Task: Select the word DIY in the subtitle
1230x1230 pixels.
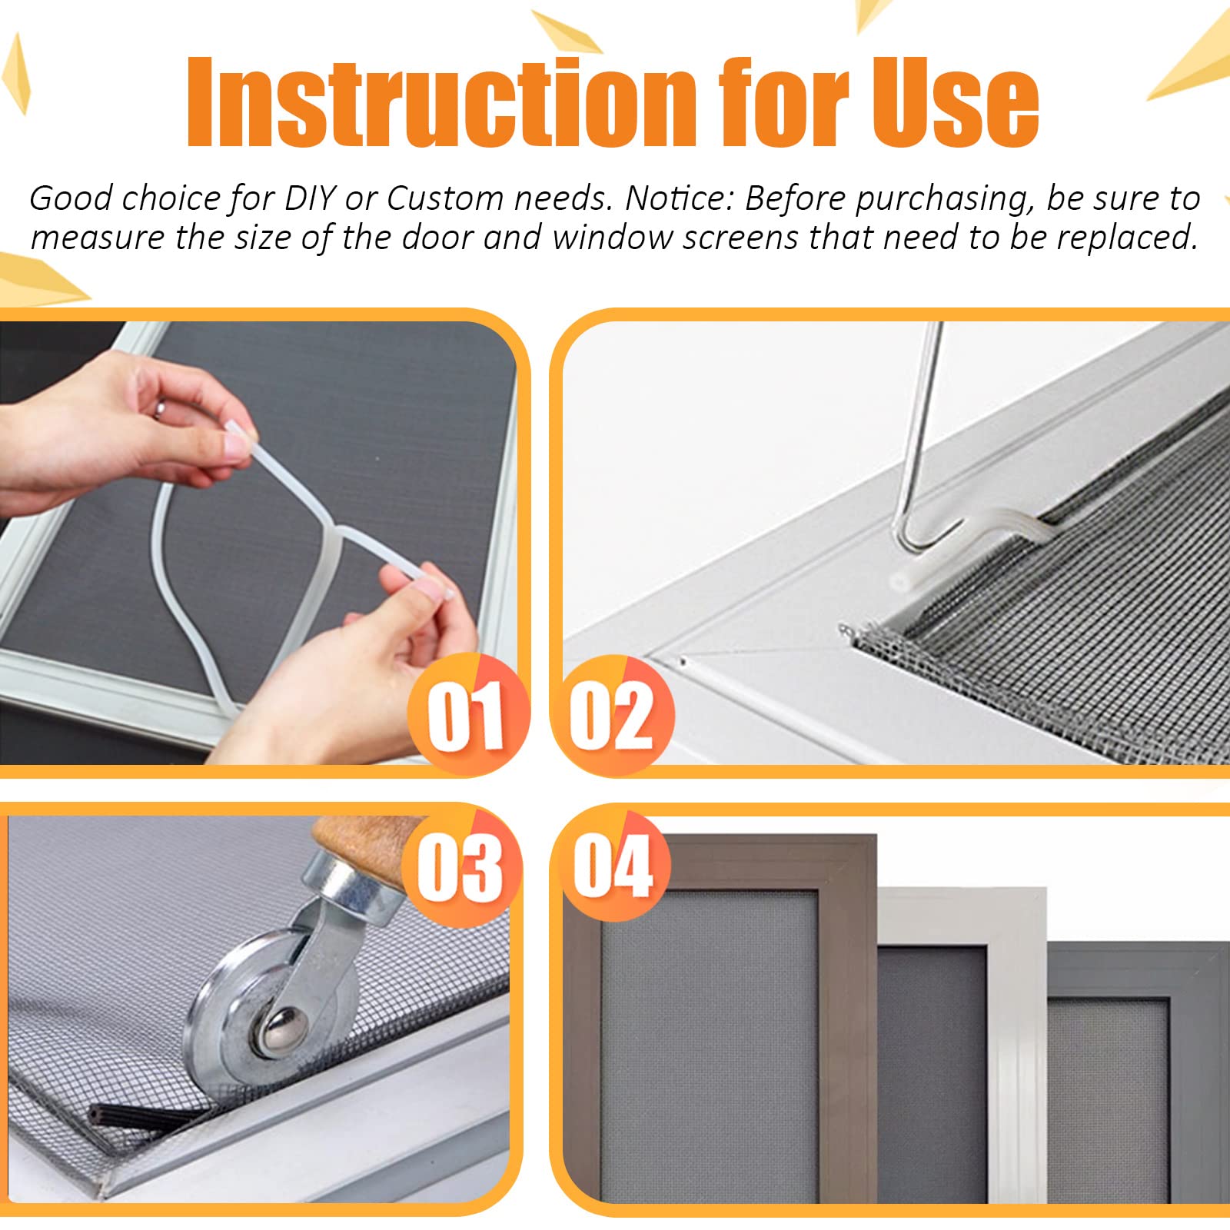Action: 310,199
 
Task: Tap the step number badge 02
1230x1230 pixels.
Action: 612,714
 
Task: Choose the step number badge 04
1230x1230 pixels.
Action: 612,866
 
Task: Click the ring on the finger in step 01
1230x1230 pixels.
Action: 159,408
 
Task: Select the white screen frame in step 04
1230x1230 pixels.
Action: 1015,1061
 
